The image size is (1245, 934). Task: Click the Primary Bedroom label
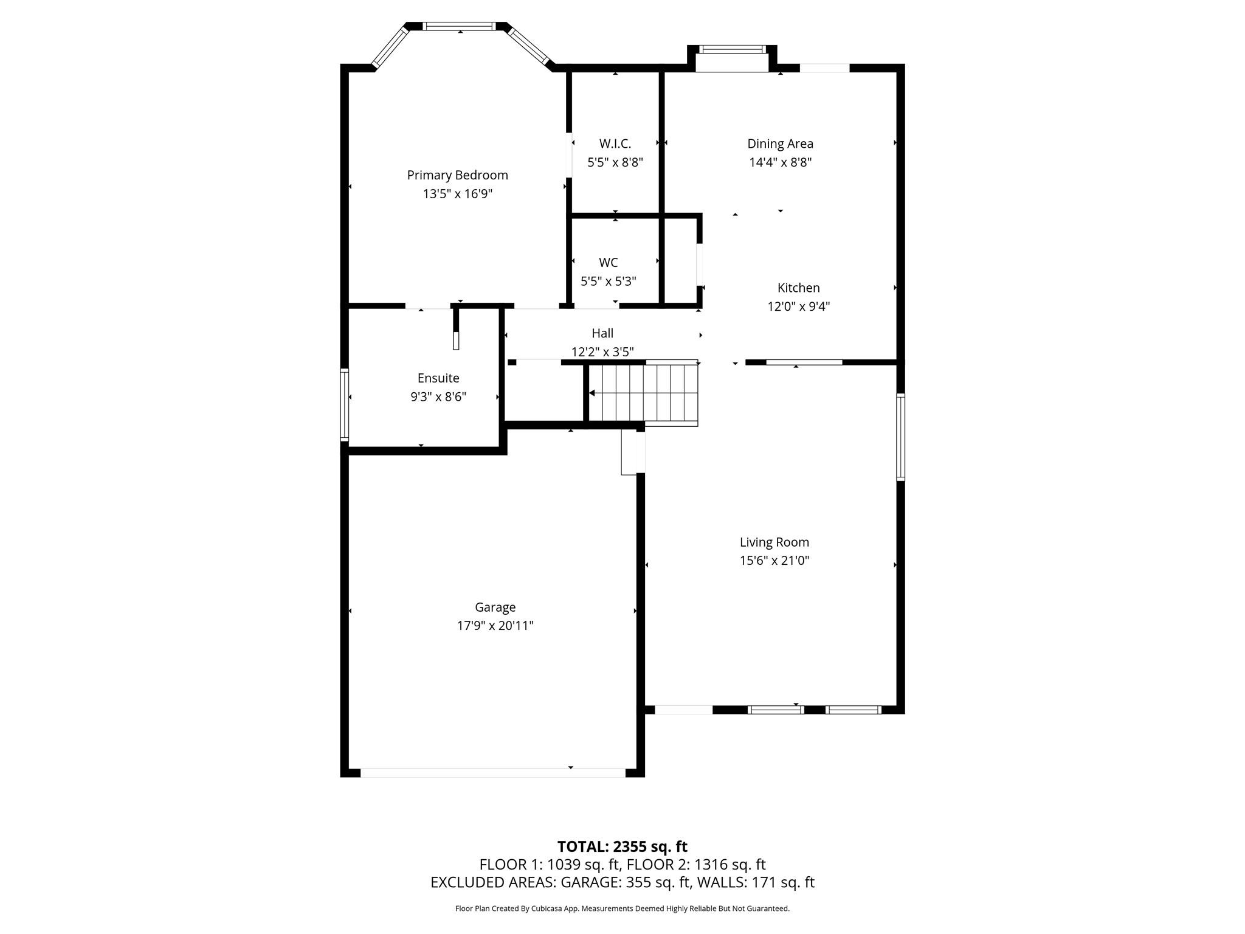(x=457, y=175)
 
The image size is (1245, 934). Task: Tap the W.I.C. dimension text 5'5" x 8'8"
(x=615, y=162)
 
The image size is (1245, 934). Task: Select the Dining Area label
(x=780, y=144)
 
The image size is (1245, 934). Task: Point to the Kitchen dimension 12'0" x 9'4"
(x=798, y=306)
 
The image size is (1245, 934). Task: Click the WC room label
(x=608, y=262)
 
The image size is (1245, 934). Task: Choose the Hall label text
(x=602, y=333)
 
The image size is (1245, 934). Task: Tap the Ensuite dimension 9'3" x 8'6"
(x=438, y=397)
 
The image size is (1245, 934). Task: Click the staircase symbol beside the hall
(x=643, y=393)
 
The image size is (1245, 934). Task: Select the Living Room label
(x=774, y=542)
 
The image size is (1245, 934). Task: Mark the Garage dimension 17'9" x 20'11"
(x=495, y=626)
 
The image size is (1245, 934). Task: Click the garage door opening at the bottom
(x=492, y=773)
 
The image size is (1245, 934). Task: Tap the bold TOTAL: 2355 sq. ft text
(x=622, y=846)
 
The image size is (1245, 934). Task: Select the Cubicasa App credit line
(x=622, y=908)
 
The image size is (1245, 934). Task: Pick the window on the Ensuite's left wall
(x=344, y=404)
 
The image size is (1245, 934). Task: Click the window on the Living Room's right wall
(x=901, y=437)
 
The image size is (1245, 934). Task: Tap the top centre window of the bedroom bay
(x=460, y=26)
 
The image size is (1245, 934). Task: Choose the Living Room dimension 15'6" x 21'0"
(x=774, y=561)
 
